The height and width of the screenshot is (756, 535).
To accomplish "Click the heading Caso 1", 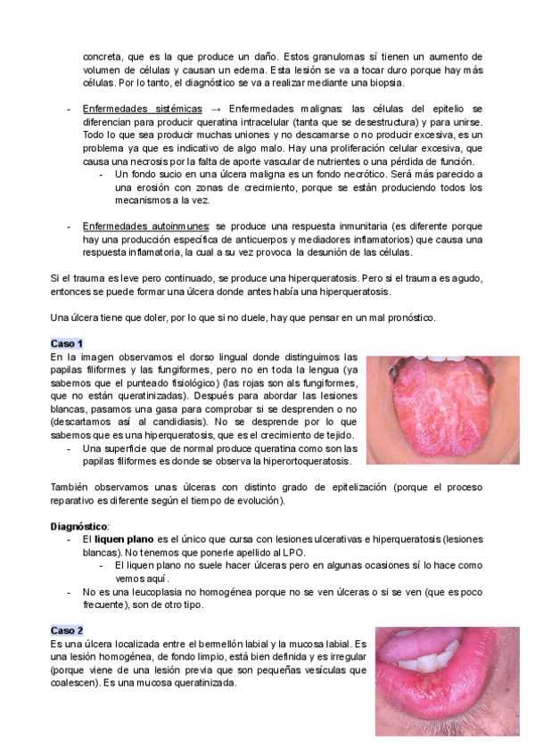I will coord(67,343).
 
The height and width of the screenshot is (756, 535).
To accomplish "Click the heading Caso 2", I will coord(67,629).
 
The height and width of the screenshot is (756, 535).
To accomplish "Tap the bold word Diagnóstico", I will coord(78,527).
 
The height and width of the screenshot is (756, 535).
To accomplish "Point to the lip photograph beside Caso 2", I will coord(447,679).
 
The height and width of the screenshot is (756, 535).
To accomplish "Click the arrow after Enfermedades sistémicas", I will coord(215,108).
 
